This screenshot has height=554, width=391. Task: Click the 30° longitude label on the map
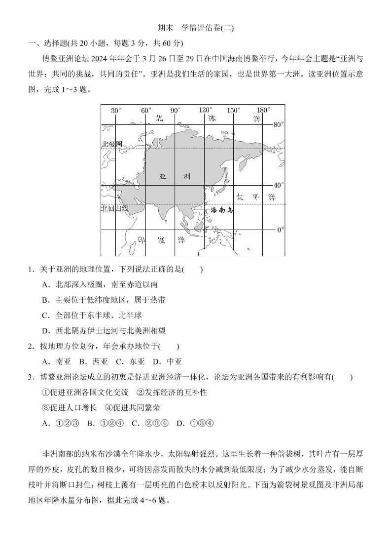pos(116,111)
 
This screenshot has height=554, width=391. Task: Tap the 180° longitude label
pos(263,110)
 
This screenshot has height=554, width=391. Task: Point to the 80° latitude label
pos(279,124)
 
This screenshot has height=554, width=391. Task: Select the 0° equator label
pos(280,230)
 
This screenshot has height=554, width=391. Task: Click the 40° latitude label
pos(279,185)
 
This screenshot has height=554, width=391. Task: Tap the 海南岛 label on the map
pos(221,210)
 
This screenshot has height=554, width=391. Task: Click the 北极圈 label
pos(112,144)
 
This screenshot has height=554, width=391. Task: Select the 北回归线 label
pos(114,208)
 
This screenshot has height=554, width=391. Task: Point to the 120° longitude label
pos(206,110)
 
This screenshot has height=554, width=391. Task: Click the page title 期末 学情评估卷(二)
pos(196,28)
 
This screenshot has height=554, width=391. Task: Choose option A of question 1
pos(100,284)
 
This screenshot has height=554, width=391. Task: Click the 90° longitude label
pos(176,111)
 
